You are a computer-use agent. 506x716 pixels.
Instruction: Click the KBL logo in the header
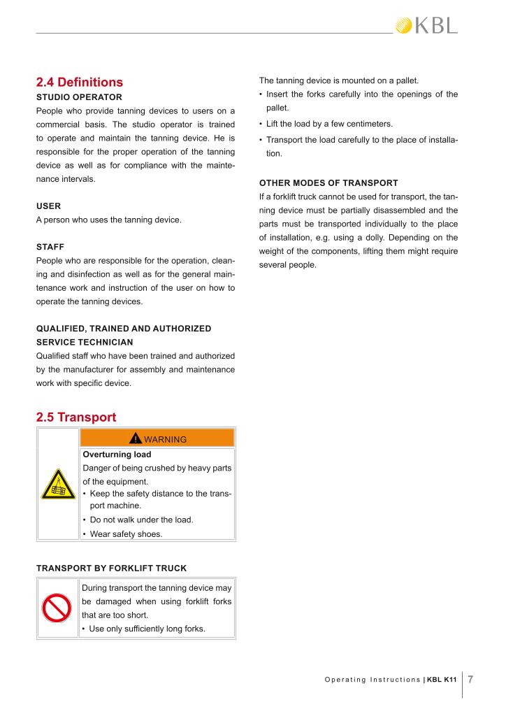(426, 26)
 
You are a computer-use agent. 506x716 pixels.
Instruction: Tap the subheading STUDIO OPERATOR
(79, 96)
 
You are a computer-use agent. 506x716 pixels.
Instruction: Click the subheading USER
(48, 206)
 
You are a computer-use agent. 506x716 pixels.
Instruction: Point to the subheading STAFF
(50, 247)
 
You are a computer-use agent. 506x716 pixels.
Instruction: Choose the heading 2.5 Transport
(76, 417)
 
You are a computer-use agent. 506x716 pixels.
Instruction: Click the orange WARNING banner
(157, 439)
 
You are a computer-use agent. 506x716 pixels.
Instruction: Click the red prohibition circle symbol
(57, 608)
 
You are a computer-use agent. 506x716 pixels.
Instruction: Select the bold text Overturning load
(117, 454)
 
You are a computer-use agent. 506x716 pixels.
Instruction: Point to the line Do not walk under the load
(136, 520)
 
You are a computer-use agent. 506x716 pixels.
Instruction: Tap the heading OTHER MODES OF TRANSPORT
(328, 183)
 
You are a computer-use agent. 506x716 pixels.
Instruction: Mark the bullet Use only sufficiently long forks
(147, 629)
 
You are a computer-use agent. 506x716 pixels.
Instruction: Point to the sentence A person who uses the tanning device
(108, 220)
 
